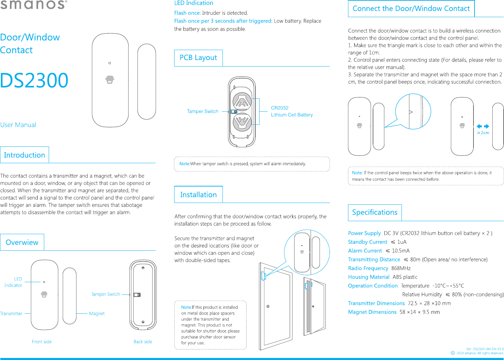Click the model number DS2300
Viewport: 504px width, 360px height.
point(34,81)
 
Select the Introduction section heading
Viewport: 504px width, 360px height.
point(24,155)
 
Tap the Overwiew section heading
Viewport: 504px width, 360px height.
point(22,242)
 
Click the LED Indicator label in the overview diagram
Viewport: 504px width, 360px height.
point(13,282)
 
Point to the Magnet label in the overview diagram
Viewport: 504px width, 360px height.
point(97,313)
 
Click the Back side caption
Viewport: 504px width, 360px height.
point(143,341)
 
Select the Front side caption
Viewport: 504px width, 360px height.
point(41,341)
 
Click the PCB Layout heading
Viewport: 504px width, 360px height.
point(198,58)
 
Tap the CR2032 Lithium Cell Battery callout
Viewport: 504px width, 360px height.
point(291,111)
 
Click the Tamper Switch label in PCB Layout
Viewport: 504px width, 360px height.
point(203,111)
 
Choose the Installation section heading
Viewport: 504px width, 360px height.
point(198,195)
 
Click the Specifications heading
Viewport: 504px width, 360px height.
point(374,212)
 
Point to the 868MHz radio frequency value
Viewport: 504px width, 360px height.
point(401,268)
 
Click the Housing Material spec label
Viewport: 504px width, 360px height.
point(369,277)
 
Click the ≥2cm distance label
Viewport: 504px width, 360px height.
point(483,133)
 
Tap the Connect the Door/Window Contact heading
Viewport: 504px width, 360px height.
point(411,9)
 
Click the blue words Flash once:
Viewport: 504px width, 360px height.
point(187,13)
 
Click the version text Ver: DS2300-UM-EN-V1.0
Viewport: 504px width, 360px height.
point(485,349)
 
